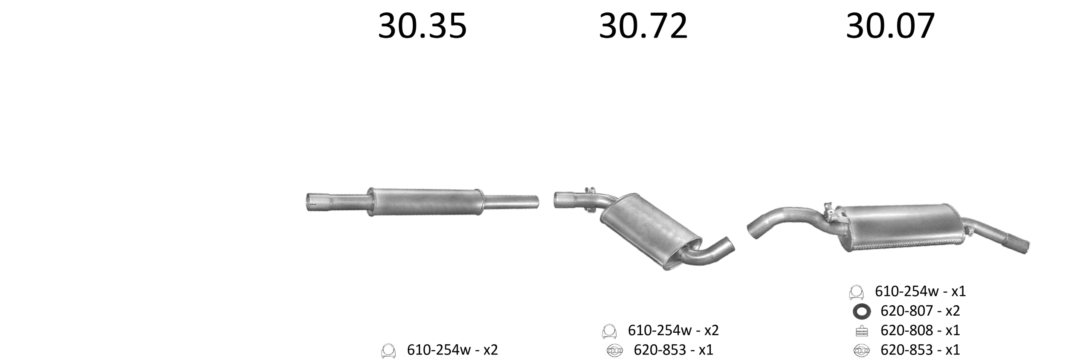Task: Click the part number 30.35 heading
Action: [422, 26]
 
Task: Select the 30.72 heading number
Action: [643, 26]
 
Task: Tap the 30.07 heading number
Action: [890, 26]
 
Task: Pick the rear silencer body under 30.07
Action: [904, 227]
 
